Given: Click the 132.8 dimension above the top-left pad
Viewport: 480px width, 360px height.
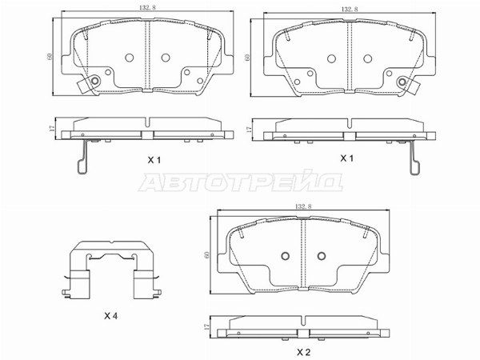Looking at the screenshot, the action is [x=147, y=8].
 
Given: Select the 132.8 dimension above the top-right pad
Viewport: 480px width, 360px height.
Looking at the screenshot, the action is [x=350, y=9].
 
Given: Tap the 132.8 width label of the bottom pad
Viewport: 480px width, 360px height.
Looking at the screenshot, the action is [x=303, y=206].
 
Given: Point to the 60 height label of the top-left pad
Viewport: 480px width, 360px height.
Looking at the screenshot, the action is [x=50, y=56].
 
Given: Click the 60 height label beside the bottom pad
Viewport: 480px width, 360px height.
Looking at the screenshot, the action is [x=207, y=254].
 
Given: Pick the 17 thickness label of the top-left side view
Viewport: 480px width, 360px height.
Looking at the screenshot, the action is [x=51, y=128].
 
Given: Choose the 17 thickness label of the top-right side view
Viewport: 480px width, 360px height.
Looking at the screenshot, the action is [x=248, y=130].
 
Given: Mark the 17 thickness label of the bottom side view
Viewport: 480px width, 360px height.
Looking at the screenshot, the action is [x=206, y=327].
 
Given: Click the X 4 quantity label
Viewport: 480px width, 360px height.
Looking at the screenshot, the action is [x=111, y=316].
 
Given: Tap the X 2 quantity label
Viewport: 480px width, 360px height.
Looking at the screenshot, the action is [x=304, y=352].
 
